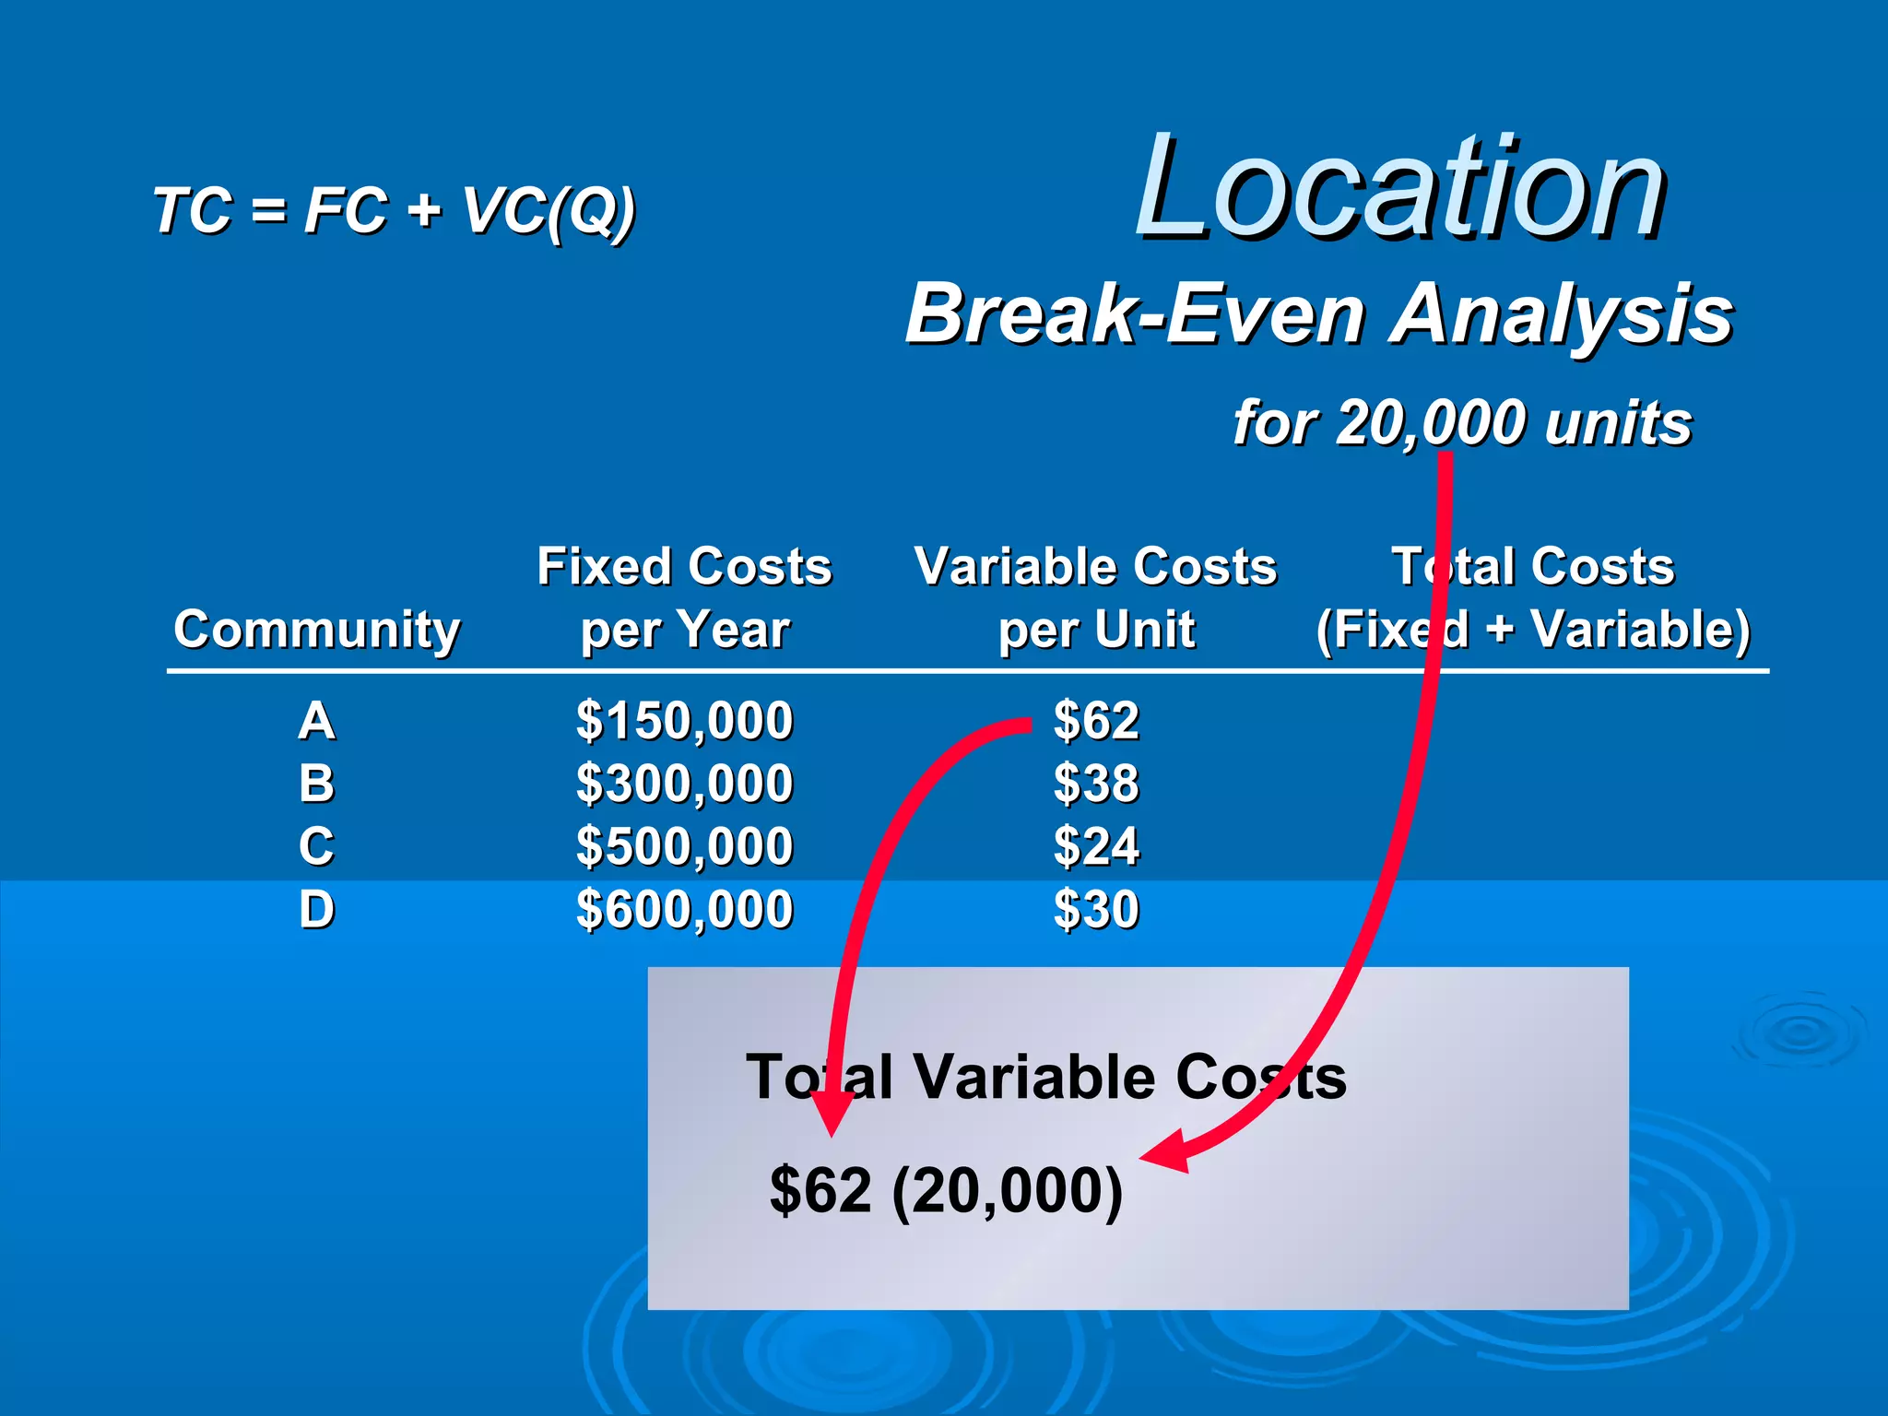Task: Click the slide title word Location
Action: click(1399, 189)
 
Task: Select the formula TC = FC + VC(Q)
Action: click(394, 210)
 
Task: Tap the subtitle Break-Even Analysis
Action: click(1319, 314)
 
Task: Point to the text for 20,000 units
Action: click(1462, 423)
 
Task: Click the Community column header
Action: click(316, 631)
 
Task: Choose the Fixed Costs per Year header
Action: click(684, 597)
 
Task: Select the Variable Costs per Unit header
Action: click(1095, 597)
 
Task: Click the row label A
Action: click(316, 721)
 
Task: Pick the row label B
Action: click(316, 784)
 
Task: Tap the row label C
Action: click(316, 846)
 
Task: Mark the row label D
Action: click(316, 910)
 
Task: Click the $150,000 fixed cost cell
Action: click(684, 721)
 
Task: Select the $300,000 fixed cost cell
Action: click(684, 784)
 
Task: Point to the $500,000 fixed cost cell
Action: click(684, 846)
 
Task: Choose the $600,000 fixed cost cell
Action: click(684, 910)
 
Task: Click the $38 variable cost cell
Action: click(1096, 784)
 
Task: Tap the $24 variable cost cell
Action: click(1096, 846)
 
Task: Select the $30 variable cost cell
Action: click(1096, 910)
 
